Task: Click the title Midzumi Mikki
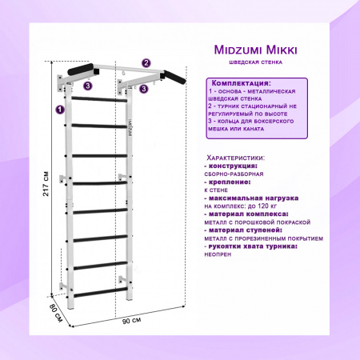[x=255, y=50]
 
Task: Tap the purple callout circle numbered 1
[x=60, y=110]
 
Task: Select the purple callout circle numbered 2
[x=146, y=63]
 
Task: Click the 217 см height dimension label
[x=46, y=183]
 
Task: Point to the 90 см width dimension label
[x=132, y=320]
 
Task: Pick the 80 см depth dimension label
[x=56, y=313]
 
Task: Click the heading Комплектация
[x=241, y=83]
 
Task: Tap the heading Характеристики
[x=236, y=158]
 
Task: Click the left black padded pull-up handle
[x=81, y=69]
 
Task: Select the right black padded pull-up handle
[x=174, y=78]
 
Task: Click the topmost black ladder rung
[x=99, y=99]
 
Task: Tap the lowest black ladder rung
[x=100, y=293]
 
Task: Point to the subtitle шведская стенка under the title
[x=255, y=62]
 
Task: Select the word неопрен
[x=218, y=254]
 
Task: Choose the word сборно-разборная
[x=234, y=174]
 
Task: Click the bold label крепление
[x=230, y=182]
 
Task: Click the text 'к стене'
[x=216, y=190]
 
